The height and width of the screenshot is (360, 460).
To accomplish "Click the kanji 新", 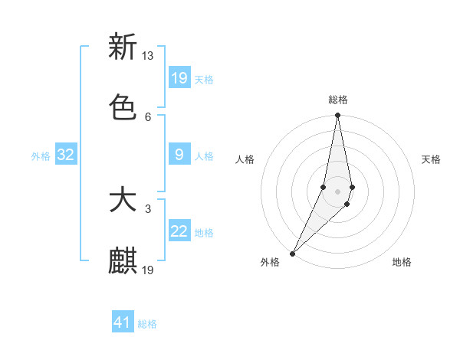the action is [123, 47].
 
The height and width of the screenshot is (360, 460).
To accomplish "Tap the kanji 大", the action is [123, 200].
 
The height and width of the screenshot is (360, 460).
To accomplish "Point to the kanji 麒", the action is [123, 260].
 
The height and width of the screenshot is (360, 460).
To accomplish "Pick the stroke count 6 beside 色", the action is [148, 116].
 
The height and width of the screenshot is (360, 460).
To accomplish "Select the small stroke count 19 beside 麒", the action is [148, 270].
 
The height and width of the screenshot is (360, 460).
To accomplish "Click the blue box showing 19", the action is [179, 78].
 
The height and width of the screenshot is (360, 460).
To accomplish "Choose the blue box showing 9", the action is [179, 155].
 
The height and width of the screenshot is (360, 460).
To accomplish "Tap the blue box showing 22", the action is [179, 231].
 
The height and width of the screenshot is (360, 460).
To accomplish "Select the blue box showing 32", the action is [66, 155].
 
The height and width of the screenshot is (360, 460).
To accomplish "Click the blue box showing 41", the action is [123, 323].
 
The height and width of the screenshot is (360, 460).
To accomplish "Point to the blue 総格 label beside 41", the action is [147, 324].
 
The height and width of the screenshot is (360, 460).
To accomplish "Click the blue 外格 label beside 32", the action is [41, 156].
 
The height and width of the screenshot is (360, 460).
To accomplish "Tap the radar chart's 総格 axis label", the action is [338, 100].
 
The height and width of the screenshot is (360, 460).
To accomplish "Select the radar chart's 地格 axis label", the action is [402, 262].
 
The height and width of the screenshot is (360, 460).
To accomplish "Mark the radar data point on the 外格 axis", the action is [293, 253].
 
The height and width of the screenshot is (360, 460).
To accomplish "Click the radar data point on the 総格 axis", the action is [337, 116].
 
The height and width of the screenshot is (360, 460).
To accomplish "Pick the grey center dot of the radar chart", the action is [337, 191].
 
